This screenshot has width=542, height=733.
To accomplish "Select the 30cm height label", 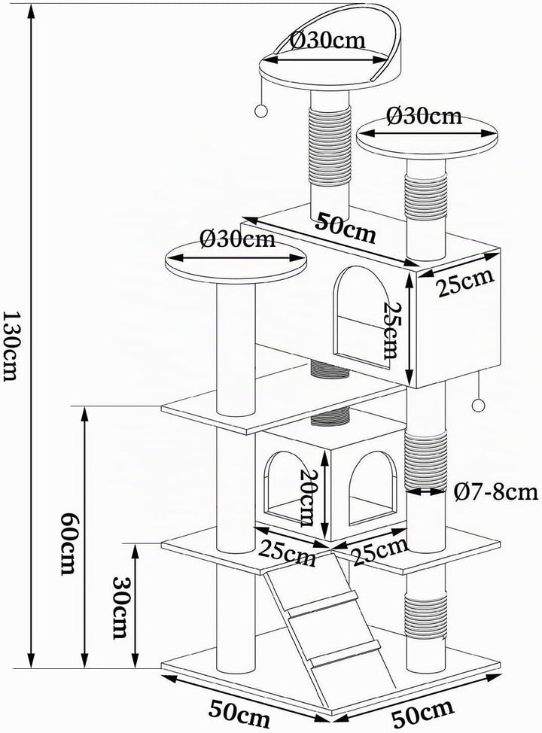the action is (120, 607).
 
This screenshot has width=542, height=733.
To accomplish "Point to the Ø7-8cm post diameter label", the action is (495, 491).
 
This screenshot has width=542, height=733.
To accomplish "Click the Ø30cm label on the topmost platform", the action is (327, 41).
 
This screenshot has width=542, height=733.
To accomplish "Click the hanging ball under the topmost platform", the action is (260, 111).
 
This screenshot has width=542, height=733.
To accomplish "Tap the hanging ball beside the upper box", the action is (478, 405).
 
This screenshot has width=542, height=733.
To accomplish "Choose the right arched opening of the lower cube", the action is (372, 487).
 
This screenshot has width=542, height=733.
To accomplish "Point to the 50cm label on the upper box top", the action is (345, 228).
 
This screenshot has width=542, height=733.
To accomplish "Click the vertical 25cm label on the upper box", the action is (391, 330).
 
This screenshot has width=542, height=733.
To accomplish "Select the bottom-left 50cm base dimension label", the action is (239, 715).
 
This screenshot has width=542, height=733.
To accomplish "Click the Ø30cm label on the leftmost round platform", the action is (237, 239).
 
